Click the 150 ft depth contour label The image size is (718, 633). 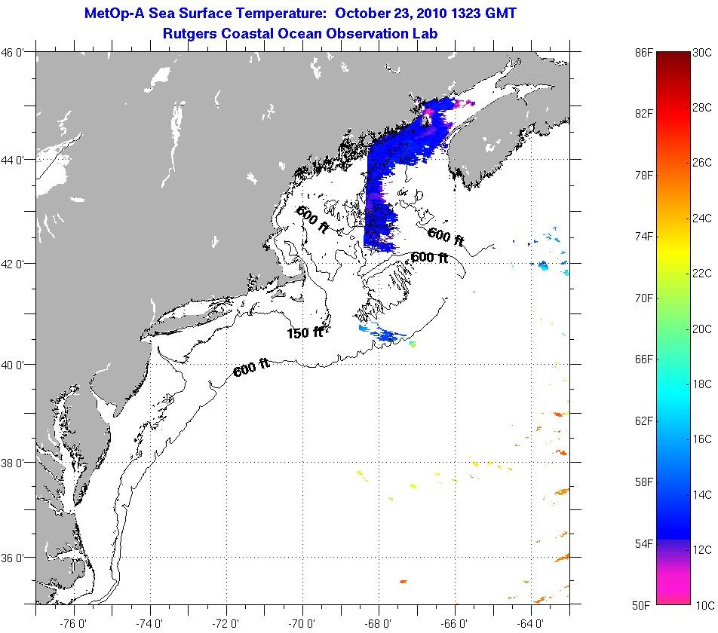(x=305, y=332)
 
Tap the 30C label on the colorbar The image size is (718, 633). (x=702, y=52)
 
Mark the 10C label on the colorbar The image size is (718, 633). (x=702, y=604)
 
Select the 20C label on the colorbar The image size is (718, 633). (x=702, y=329)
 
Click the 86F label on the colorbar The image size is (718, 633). (x=643, y=52)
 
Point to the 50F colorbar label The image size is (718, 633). (x=643, y=604)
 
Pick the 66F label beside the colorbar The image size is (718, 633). (x=643, y=359)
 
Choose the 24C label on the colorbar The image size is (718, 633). (x=702, y=218)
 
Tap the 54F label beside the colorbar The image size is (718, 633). (x=643, y=543)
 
